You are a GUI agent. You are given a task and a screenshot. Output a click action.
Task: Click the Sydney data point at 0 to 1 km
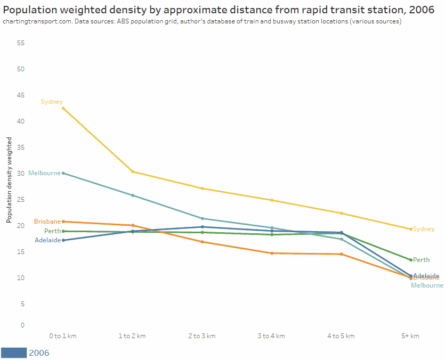(63, 108)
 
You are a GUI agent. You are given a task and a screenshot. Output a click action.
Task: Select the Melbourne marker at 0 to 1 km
(63, 173)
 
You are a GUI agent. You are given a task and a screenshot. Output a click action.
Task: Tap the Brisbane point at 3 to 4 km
(272, 253)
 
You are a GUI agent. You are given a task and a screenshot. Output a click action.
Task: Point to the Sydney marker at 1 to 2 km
(133, 171)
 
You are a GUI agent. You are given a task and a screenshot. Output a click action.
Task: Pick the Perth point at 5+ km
(410, 260)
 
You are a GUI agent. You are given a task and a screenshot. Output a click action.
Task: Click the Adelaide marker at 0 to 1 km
(63, 240)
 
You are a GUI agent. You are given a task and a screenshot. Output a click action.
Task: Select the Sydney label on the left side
(52, 102)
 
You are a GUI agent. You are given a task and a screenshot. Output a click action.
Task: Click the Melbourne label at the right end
(427, 285)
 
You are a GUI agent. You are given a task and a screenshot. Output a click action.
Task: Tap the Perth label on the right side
(421, 260)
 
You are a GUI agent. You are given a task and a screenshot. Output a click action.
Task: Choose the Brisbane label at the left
(47, 222)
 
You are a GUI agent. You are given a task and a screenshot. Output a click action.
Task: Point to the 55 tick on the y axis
(21, 43)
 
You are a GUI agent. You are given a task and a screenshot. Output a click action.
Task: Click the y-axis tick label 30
(21, 173)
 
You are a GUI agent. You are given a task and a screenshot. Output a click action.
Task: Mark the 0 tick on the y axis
(22, 325)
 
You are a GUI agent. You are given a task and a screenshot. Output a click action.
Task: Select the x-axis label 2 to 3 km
(202, 336)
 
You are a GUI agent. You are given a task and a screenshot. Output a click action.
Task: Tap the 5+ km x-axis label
(410, 336)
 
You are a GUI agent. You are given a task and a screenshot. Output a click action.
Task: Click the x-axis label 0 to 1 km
(63, 336)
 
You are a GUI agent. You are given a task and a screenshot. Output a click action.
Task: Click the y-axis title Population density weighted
(9, 179)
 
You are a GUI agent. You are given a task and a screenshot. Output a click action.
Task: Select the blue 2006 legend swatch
(14, 353)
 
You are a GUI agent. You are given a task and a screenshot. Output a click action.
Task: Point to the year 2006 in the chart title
(424, 9)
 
